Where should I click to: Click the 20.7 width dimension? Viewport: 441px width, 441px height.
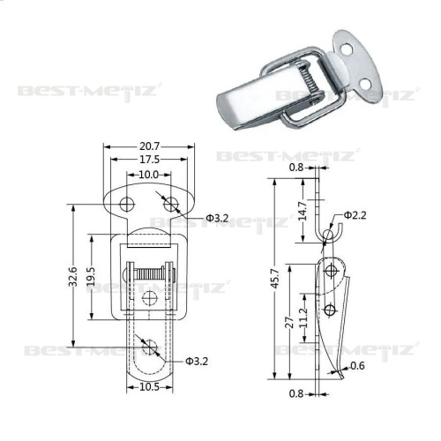point(149,146)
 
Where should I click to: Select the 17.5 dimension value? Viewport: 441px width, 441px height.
point(149,160)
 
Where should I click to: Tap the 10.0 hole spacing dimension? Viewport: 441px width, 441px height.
point(148,175)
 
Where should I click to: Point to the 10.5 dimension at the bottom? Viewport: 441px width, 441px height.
point(149,387)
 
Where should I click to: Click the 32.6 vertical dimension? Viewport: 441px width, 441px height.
point(72,276)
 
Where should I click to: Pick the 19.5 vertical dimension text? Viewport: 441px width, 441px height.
point(91,276)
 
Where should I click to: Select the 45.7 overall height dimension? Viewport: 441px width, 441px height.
point(276,278)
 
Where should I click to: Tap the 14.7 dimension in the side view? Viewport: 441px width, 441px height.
point(303,211)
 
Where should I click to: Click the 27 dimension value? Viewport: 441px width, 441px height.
point(289,323)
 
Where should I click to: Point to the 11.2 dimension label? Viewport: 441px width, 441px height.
point(304,318)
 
